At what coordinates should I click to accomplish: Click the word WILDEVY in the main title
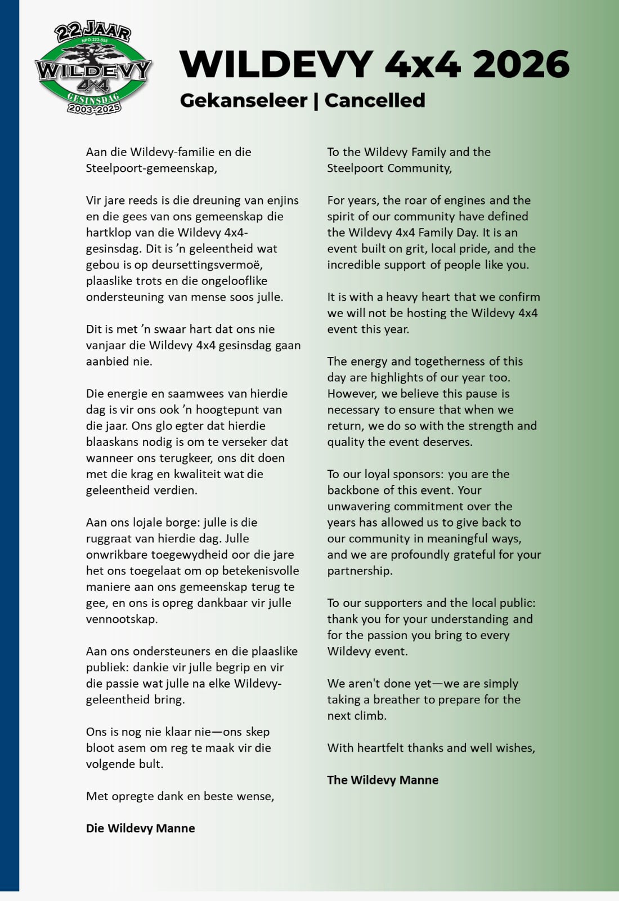(276, 64)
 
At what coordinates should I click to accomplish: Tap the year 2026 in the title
(521, 64)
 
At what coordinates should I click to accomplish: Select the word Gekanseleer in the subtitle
(243, 100)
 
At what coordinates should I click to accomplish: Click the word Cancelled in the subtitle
(375, 100)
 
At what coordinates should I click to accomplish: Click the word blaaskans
(113, 442)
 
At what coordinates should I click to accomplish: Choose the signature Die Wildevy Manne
(140, 828)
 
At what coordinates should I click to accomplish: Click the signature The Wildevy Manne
(383, 780)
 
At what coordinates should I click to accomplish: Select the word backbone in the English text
(354, 490)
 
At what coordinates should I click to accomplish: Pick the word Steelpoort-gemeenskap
(151, 168)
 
